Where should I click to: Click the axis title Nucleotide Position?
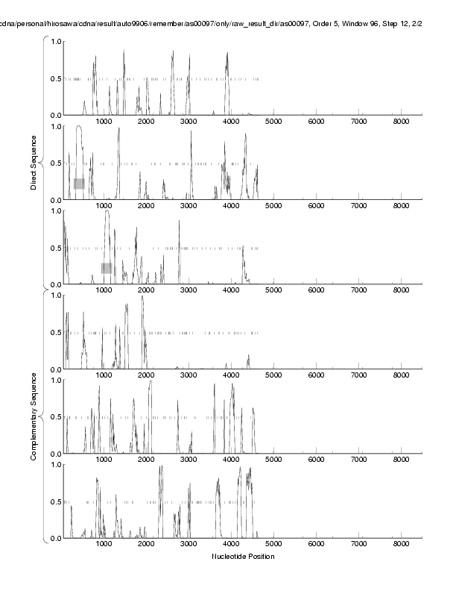(x=243, y=557)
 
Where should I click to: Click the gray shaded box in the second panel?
(x=79, y=184)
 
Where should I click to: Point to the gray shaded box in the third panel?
(x=107, y=268)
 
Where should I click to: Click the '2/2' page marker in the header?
(x=428, y=24)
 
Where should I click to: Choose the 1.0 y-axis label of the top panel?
(x=55, y=41)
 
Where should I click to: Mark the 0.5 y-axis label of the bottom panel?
(x=55, y=501)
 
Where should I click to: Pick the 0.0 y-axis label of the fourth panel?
(x=55, y=369)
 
